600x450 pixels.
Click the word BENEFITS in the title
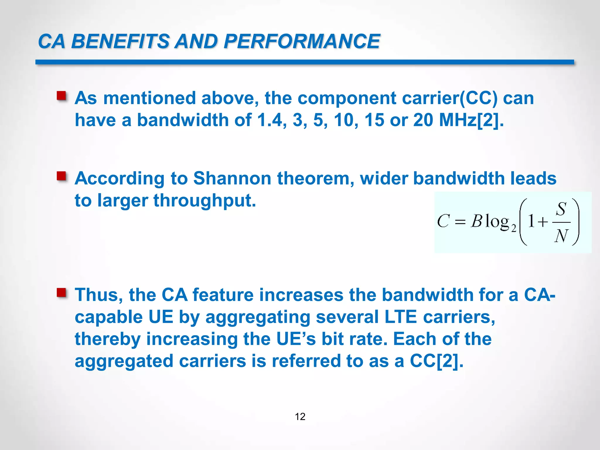point(120,41)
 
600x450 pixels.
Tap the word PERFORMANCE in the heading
point(302,41)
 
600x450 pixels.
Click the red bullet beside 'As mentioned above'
point(62,96)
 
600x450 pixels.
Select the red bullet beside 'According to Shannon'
point(62,176)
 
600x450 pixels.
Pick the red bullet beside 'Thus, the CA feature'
point(62,292)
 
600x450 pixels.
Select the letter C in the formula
point(443,221)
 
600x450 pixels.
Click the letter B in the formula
point(476,221)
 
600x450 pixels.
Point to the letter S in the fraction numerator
point(561,209)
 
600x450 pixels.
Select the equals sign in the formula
point(460,222)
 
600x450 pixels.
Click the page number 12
point(300,417)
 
